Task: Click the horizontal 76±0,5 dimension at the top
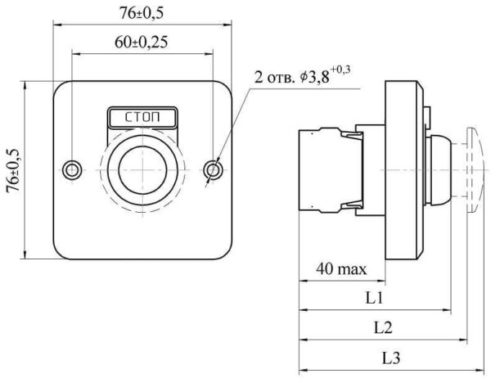point(142,13)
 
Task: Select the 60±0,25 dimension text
point(142,42)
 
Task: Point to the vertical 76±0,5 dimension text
point(13,170)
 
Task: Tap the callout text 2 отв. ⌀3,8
point(292,77)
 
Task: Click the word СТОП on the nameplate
point(142,118)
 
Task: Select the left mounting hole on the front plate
point(72,170)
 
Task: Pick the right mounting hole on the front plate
point(214,170)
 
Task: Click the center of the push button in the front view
point(142,170)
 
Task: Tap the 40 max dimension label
point(341,269)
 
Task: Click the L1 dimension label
point(375,298)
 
